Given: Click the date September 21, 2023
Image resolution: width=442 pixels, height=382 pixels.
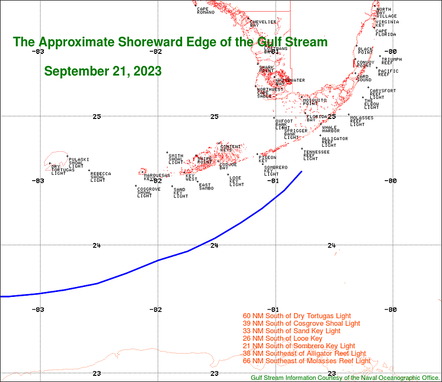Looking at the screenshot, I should click(103, 72).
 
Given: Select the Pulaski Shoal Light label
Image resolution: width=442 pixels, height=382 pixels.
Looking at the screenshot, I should click(78, 162).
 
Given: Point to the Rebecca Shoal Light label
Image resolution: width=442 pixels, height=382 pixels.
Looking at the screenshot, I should click(100, 177).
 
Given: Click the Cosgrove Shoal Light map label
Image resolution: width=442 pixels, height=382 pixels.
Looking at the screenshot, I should click(149, 192).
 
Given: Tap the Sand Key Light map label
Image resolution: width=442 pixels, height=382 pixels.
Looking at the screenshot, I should click(180, 193).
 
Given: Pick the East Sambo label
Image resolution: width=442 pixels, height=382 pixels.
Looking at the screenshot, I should click(206, 187).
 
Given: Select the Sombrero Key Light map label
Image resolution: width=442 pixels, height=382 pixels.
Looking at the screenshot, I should click(275, 170).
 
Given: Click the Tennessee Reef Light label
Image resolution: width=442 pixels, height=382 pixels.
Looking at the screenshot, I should click(316, 155).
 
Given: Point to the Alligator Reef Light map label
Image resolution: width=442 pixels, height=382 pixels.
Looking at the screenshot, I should click(335, 142).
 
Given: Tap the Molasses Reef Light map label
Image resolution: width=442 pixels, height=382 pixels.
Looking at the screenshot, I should click(361, 121).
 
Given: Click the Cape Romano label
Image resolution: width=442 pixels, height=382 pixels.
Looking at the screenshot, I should click(205, 11).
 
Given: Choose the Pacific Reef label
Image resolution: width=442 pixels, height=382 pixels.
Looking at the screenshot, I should click(387, 72).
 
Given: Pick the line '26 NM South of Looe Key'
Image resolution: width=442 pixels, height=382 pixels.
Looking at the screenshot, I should click(291, 339).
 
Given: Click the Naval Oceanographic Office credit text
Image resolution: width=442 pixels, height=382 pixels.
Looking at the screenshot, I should click(345, 378).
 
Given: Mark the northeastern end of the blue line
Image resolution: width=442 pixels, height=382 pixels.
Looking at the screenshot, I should click(302, 171).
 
